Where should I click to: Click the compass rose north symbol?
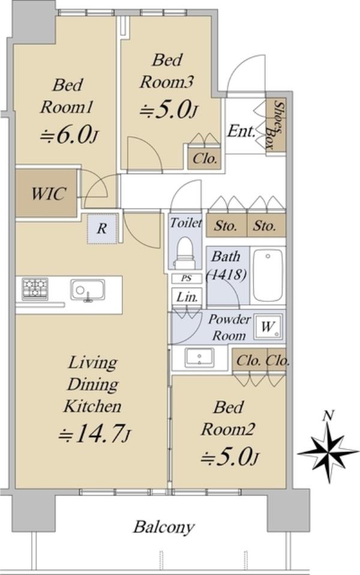(x=328, y=452)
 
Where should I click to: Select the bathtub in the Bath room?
(x=268, y=275)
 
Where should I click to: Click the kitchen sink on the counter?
(x=88, y=291)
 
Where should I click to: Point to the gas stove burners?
(x=35, y=289)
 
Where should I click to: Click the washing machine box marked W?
(x=268, y=327)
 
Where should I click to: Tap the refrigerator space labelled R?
(x=102, y=229)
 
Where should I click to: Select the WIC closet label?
(x=49, y=193)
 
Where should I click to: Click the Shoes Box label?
(x=275, y=125)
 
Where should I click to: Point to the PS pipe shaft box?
(x=187, y=278)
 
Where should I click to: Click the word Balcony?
(x=164, y=528)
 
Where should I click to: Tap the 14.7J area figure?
(x=95, y=435)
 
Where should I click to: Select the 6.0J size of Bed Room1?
(x=69, y=136)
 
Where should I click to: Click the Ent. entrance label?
(x=241, y=131)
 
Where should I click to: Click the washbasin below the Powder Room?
(x=199, y=358)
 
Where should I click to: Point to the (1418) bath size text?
(x=226, y=274)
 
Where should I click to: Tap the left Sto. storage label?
(x=226, y=226)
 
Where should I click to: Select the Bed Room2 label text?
(x=227, y=418)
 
